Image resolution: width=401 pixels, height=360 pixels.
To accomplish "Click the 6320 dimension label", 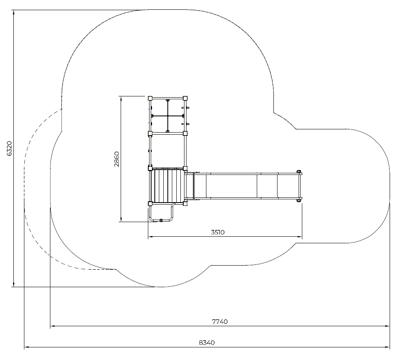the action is pos(9,148).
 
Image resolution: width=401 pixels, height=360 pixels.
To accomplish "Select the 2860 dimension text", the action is pos(117,159).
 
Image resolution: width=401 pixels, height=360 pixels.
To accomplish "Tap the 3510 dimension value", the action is pos(218,232).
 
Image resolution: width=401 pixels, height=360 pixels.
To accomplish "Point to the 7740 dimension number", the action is pos(220,321).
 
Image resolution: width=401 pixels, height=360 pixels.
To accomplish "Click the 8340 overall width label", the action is pos(207,343).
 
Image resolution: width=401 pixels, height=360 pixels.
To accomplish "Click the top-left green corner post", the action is pos(150,98).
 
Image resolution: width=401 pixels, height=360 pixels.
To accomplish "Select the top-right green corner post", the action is pos(185,98).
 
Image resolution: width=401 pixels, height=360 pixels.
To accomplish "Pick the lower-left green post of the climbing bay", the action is pos(150,133).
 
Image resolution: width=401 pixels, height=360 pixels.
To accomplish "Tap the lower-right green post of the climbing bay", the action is pos(185,133).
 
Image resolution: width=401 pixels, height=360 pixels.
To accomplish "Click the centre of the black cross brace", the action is pos(168,116).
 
